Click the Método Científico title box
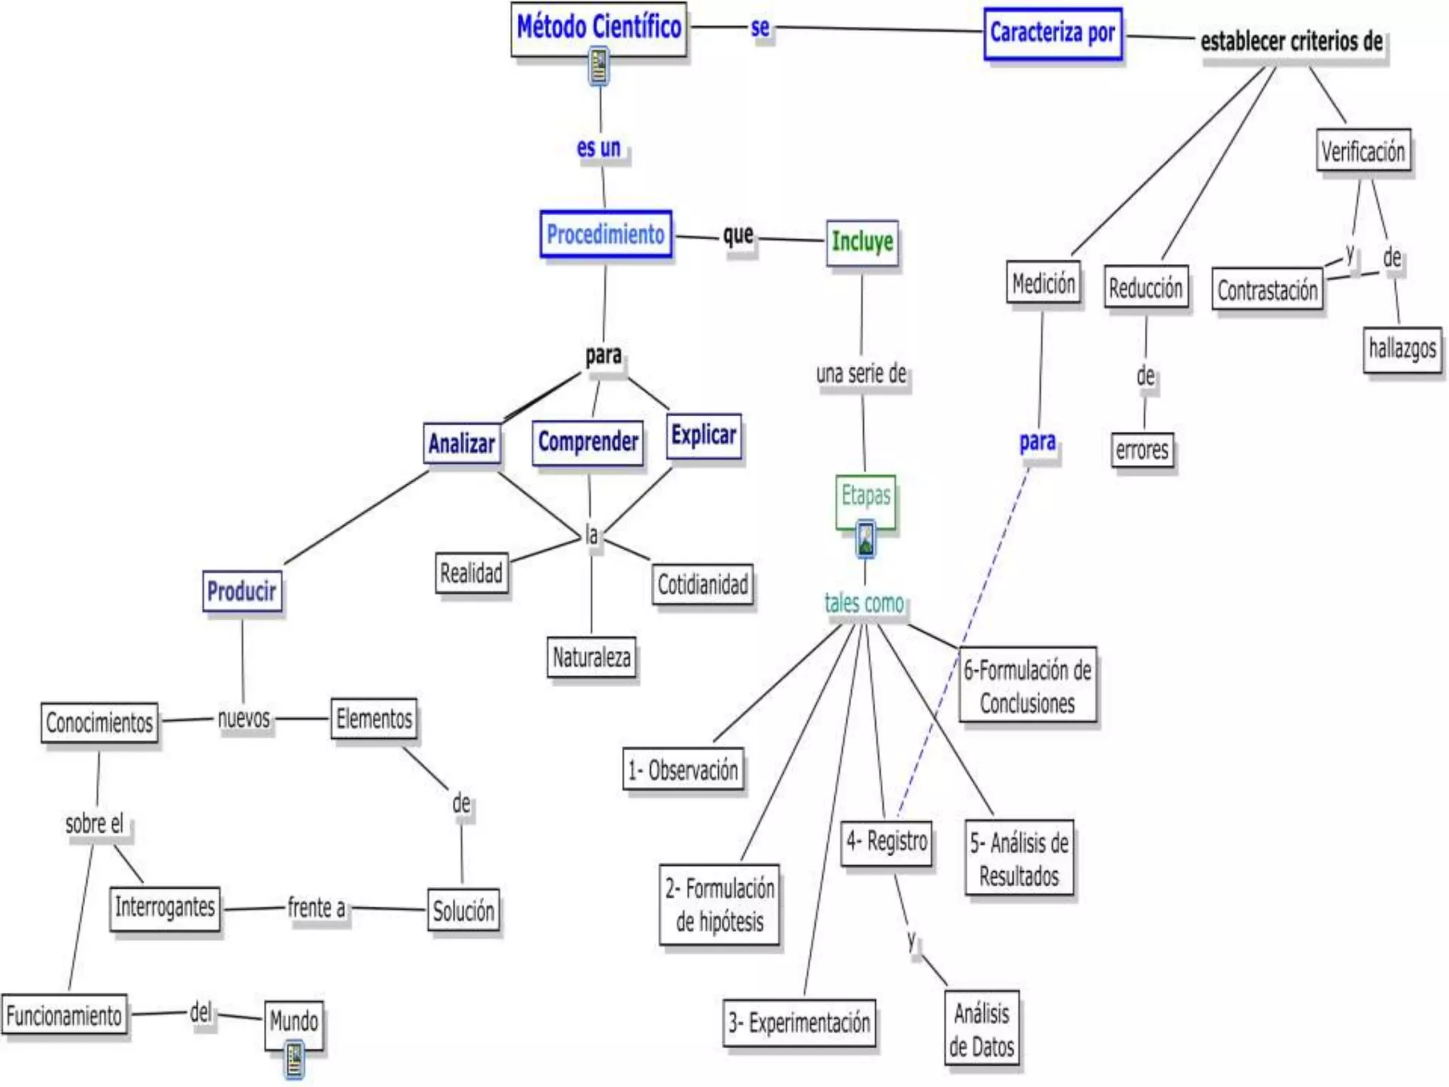599,28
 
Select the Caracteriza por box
1052,33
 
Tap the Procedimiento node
606,234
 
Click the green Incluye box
862,242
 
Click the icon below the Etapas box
865,540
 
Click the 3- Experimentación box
799,1023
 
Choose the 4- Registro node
887,842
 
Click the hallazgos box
1402,349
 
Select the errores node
1142,450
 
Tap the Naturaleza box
591,657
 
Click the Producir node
242,591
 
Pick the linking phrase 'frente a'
316,907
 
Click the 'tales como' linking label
864,604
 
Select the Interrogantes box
165,907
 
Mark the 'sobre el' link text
94,824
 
